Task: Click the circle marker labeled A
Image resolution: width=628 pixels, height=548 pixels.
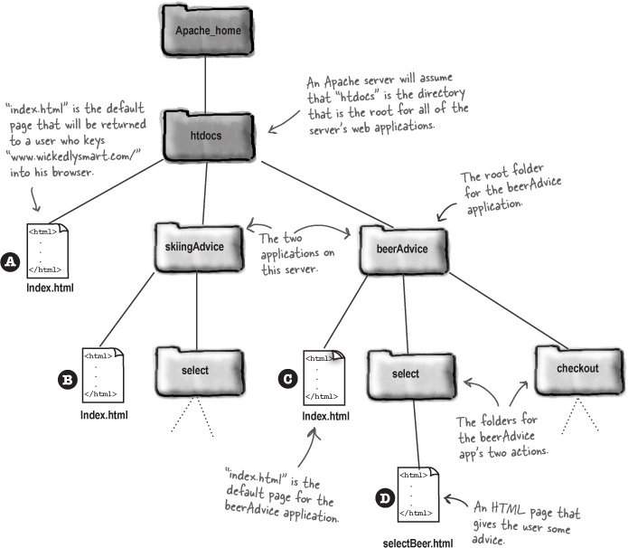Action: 11,260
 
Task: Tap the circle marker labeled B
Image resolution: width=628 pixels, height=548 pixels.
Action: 66,380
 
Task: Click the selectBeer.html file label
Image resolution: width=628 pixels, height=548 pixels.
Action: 417,542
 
